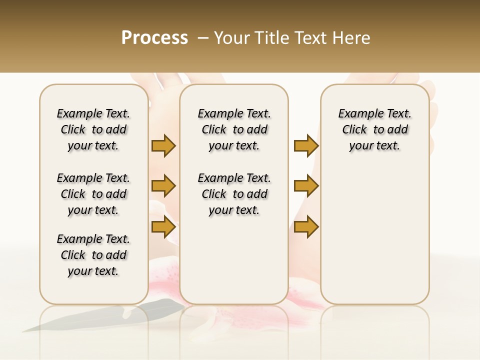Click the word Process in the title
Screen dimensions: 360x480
tap(154, 38)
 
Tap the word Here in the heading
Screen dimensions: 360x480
tap(352, 38)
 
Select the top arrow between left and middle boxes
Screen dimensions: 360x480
tap(163, 145)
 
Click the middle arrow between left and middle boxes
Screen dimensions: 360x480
tap(163, 186)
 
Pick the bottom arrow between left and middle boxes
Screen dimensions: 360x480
tap(163, 227)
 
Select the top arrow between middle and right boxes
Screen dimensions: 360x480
tap(306, 145)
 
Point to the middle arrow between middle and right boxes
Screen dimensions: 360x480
tap(306, 186)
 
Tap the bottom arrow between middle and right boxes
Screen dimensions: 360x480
tap(306, 227)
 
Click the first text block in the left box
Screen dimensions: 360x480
tap(93, 129)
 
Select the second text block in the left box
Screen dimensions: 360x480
tap(93, 194)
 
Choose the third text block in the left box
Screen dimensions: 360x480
tap(93, 255)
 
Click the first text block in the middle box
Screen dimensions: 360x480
tap(234, 129)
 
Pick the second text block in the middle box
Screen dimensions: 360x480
tap(234, 194)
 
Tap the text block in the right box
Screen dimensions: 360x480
tap(374, 129)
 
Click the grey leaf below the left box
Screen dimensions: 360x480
tap(100, 316)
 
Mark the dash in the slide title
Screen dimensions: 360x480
tap(203, 38)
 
